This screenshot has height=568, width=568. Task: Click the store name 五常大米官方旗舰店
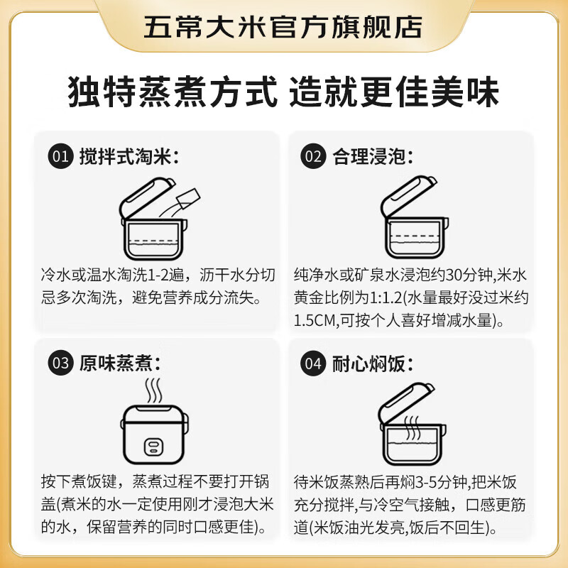click(283, 26)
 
